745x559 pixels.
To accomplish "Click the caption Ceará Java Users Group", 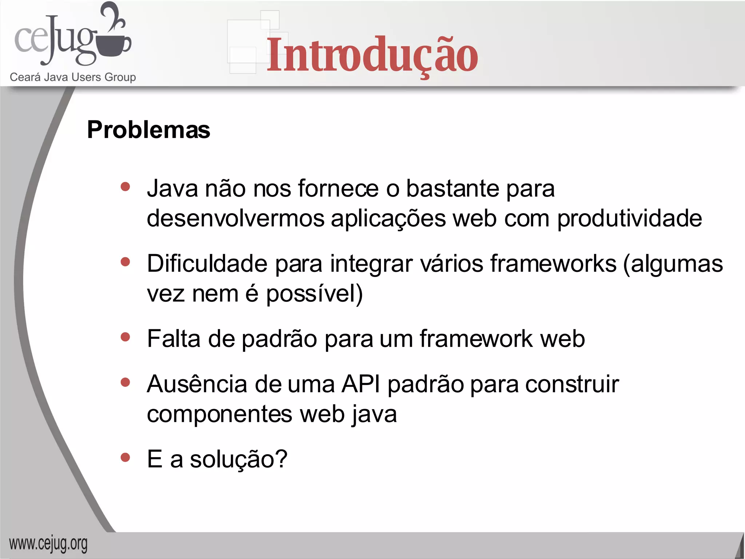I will (73, 77).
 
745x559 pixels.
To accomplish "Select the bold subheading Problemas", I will (148, 130).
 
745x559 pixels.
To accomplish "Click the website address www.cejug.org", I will (48, 544).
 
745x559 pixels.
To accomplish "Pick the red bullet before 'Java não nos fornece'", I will (126, 187).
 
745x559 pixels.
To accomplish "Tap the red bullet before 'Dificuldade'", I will (126, 262).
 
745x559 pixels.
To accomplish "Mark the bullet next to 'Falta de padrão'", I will (126, 337).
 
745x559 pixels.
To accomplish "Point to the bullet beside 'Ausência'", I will (126, 382).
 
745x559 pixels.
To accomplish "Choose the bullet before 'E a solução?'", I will (126, 457).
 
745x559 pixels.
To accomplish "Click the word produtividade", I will (629, 218).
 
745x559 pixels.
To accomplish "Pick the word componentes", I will (219, 414).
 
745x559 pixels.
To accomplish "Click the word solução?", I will (239, 459).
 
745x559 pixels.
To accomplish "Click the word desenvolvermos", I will (235, 218).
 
